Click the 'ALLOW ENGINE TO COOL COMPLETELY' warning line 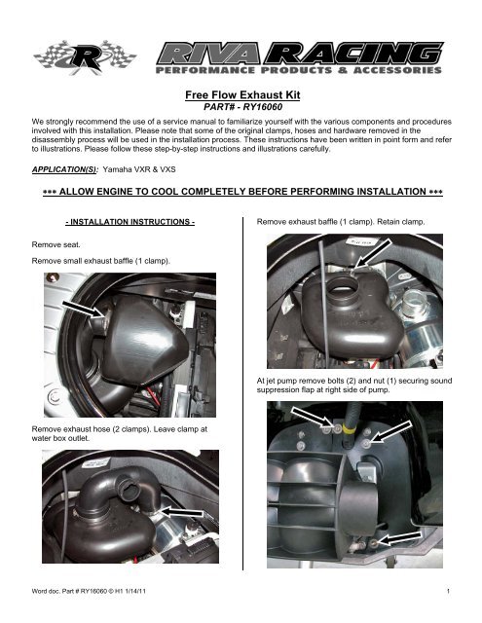coord(241,195)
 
